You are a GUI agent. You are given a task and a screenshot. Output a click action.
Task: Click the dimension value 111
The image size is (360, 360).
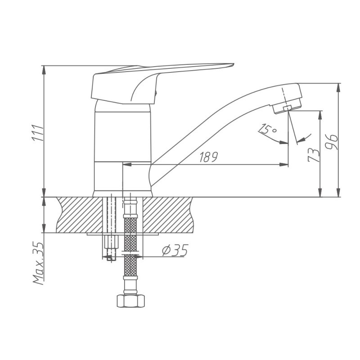point(37,133)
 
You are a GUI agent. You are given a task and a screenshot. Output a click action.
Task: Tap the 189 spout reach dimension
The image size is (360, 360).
point(208,157)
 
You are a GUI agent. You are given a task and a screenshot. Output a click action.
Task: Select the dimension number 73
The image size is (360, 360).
point(314,155)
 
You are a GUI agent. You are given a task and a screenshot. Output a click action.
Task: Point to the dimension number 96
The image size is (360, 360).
point(332,142)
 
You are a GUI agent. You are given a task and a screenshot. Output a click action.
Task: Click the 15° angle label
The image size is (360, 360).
point(267,129)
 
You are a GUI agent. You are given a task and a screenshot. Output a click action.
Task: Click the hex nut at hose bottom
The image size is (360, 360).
point(130,301)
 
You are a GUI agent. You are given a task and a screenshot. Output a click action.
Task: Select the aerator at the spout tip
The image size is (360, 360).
point(287,107)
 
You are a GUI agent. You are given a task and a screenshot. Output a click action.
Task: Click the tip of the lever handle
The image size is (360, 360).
point(233,64)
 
